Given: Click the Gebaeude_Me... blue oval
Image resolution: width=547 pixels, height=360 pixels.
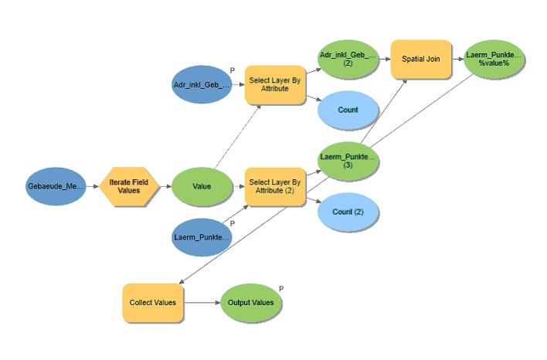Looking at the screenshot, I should pos(56,187).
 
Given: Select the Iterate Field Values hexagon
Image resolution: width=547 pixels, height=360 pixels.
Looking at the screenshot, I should pos(129,186).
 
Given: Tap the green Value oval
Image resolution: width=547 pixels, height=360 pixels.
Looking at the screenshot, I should pos(202,186).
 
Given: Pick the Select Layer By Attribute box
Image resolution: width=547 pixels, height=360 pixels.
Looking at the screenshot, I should pos(276,84).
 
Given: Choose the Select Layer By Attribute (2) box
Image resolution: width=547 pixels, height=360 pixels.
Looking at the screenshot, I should pos(276,186).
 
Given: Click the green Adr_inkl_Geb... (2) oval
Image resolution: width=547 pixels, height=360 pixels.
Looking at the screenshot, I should pos(348,59).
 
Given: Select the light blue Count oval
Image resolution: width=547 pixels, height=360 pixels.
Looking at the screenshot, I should pos(348,110).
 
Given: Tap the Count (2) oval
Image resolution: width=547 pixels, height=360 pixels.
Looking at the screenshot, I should pos(348,212).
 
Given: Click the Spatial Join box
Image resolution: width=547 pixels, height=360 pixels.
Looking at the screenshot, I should pos(421,59).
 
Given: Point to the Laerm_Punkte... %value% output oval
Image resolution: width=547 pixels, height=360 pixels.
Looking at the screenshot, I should pos(494,59).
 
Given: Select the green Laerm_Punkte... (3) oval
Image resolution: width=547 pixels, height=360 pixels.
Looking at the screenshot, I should pos(348,161).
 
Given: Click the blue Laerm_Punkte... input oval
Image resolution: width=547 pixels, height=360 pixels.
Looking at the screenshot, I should pos(202,237).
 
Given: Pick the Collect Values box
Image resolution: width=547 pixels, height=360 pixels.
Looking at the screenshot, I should pos(153,302).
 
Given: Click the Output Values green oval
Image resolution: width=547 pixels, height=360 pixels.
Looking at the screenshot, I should pos(251,302).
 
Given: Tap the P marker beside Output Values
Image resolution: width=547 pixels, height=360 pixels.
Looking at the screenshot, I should pos(281,288).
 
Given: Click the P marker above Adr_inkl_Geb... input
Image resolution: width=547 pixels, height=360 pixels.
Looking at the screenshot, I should pos(232,70).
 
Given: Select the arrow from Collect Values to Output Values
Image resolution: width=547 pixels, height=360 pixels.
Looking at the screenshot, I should pos(202,302).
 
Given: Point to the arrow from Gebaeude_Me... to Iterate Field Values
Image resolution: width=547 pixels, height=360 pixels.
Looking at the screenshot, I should pos(93,187).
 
